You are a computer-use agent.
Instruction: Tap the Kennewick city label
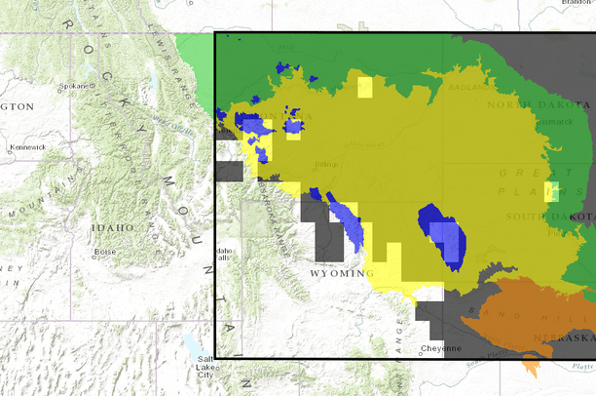point(27,147)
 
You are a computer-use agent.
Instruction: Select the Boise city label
point(105,252)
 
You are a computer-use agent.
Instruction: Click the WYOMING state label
point(341,274)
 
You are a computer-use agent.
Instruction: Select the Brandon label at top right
point(578,4)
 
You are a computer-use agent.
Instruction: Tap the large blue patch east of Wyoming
point(443,236)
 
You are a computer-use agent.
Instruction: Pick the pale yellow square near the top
point(363,88)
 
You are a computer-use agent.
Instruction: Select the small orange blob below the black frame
point(532,366)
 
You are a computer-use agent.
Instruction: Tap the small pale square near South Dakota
point(551,191)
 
